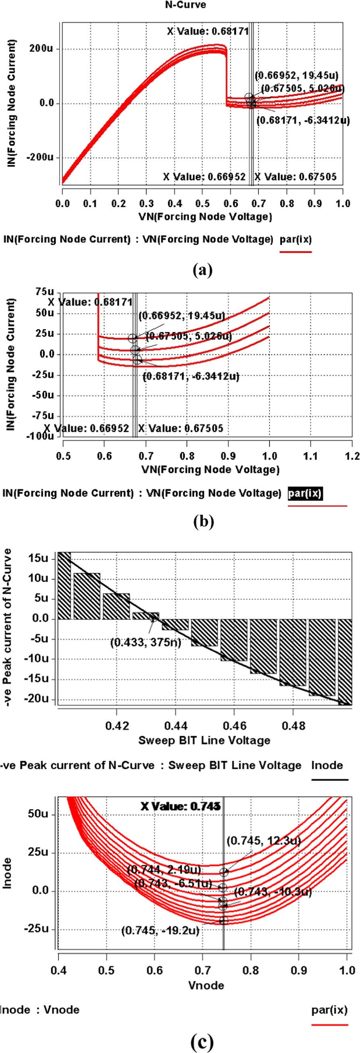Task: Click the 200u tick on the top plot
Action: (41, 49)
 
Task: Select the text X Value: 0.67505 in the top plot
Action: (295, 177)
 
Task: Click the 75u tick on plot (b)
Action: (45, 292)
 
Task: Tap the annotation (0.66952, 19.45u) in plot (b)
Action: (182, 316)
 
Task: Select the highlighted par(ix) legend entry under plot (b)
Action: (305, 493)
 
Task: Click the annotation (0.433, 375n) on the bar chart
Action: (146, 642)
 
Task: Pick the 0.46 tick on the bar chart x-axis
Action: (234, 726)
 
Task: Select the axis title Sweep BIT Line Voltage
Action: (204, 740)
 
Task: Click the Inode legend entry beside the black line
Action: (327, 765)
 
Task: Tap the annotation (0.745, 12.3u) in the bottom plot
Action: (264, 841)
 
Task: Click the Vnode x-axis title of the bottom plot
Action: (206, 985)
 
